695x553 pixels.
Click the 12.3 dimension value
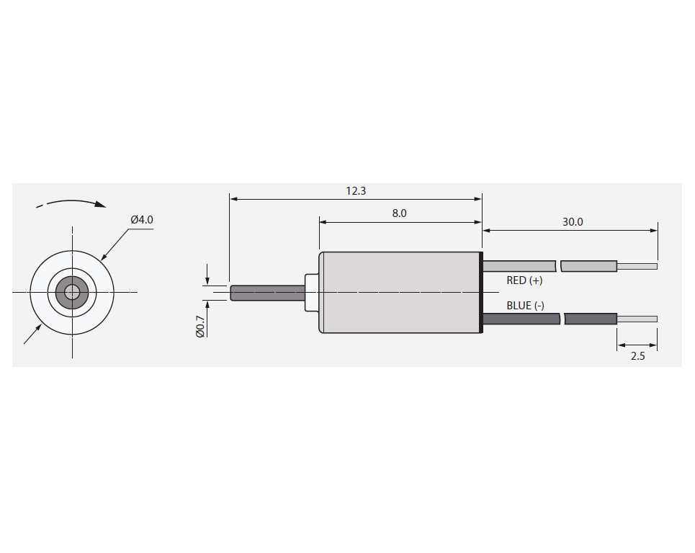click(x=356, y=191)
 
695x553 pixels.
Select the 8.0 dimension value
click(x=399, y=213)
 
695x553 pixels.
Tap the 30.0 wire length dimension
click(x=573, y=222)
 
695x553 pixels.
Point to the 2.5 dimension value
click(x=637, y=356)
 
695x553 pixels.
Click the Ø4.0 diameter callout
click(x=142, y=220)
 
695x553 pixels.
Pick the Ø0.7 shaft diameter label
click(x=200, y=326)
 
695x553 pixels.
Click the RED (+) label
click(x=524, y=280)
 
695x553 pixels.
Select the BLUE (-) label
click(x=525, y=306)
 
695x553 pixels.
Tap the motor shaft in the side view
click(x=268, y=293)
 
